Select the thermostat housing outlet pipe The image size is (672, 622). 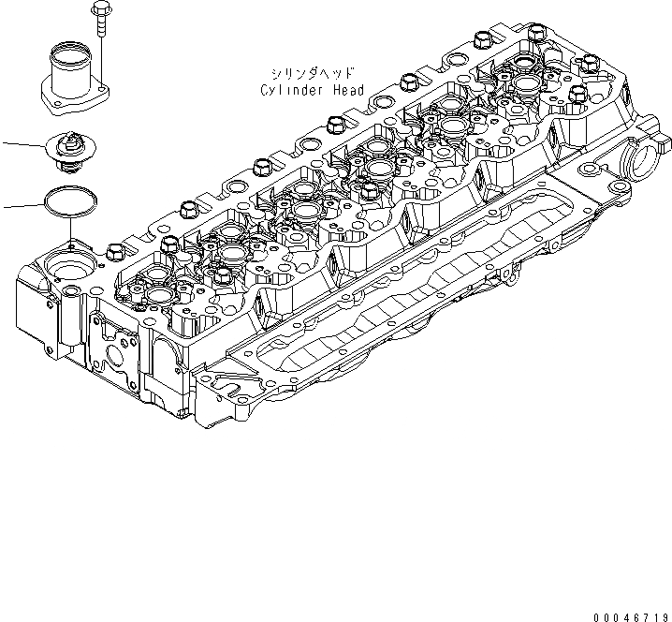[71, 72]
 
